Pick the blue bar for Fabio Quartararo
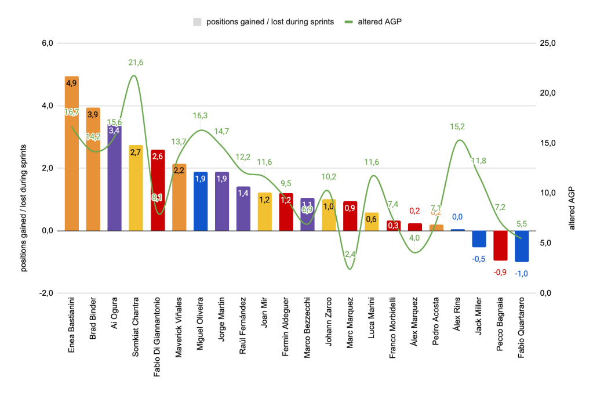pyautogui.click(x=522, y=246)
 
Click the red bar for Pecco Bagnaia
pyautogui.click(x=500, y=245)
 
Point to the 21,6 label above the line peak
pyautogui.click(x=136, y=63)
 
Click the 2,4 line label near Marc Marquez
pyautogui.click(x=350, y=254)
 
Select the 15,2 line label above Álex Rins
pyautogui.click(x=458, y=126)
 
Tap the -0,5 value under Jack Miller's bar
pyautogui.click(x=479, y=259)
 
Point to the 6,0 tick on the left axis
pyautogui.click(x=46, y=44)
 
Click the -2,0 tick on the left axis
pyautogui.click(x=46, y=293)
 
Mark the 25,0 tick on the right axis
pyautogui.click(x=548, y=44)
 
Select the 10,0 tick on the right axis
pyautogui.click(x=548, y=193)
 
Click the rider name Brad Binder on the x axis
pyautogui.click(x=93, y=322)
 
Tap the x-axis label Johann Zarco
pyautogui.click(x=329, y=322)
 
